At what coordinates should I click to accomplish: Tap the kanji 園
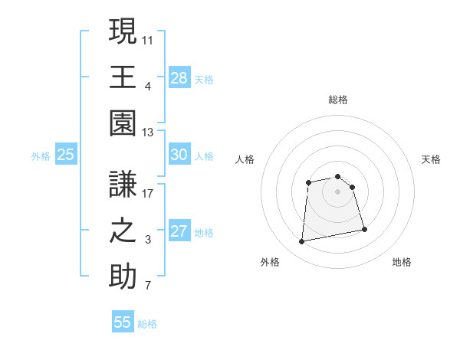tap(123, 123)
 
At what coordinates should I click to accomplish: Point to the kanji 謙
tap(123, 184)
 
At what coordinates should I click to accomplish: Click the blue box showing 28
tap(179, 77)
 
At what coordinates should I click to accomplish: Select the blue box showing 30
tap(179, 155)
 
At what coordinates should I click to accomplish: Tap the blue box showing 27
tap(179, 231)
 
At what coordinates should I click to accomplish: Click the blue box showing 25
tap(66, 155)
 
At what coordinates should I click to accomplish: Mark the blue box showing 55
tap(123, 322)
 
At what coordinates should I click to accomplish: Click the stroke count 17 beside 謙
tap(148, 194)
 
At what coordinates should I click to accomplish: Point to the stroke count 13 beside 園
tap(148, 133)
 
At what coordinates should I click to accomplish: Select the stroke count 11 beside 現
tap(148, 38)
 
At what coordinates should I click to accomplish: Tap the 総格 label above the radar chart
tap(338, 100)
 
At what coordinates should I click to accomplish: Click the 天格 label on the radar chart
tap(432, 159)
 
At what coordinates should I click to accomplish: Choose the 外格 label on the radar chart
tap(270, 262)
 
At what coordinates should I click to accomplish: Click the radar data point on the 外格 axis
tap(302, 242)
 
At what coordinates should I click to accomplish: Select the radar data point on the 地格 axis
tap(364, 229)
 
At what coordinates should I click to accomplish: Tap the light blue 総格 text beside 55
tap(147, 324)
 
